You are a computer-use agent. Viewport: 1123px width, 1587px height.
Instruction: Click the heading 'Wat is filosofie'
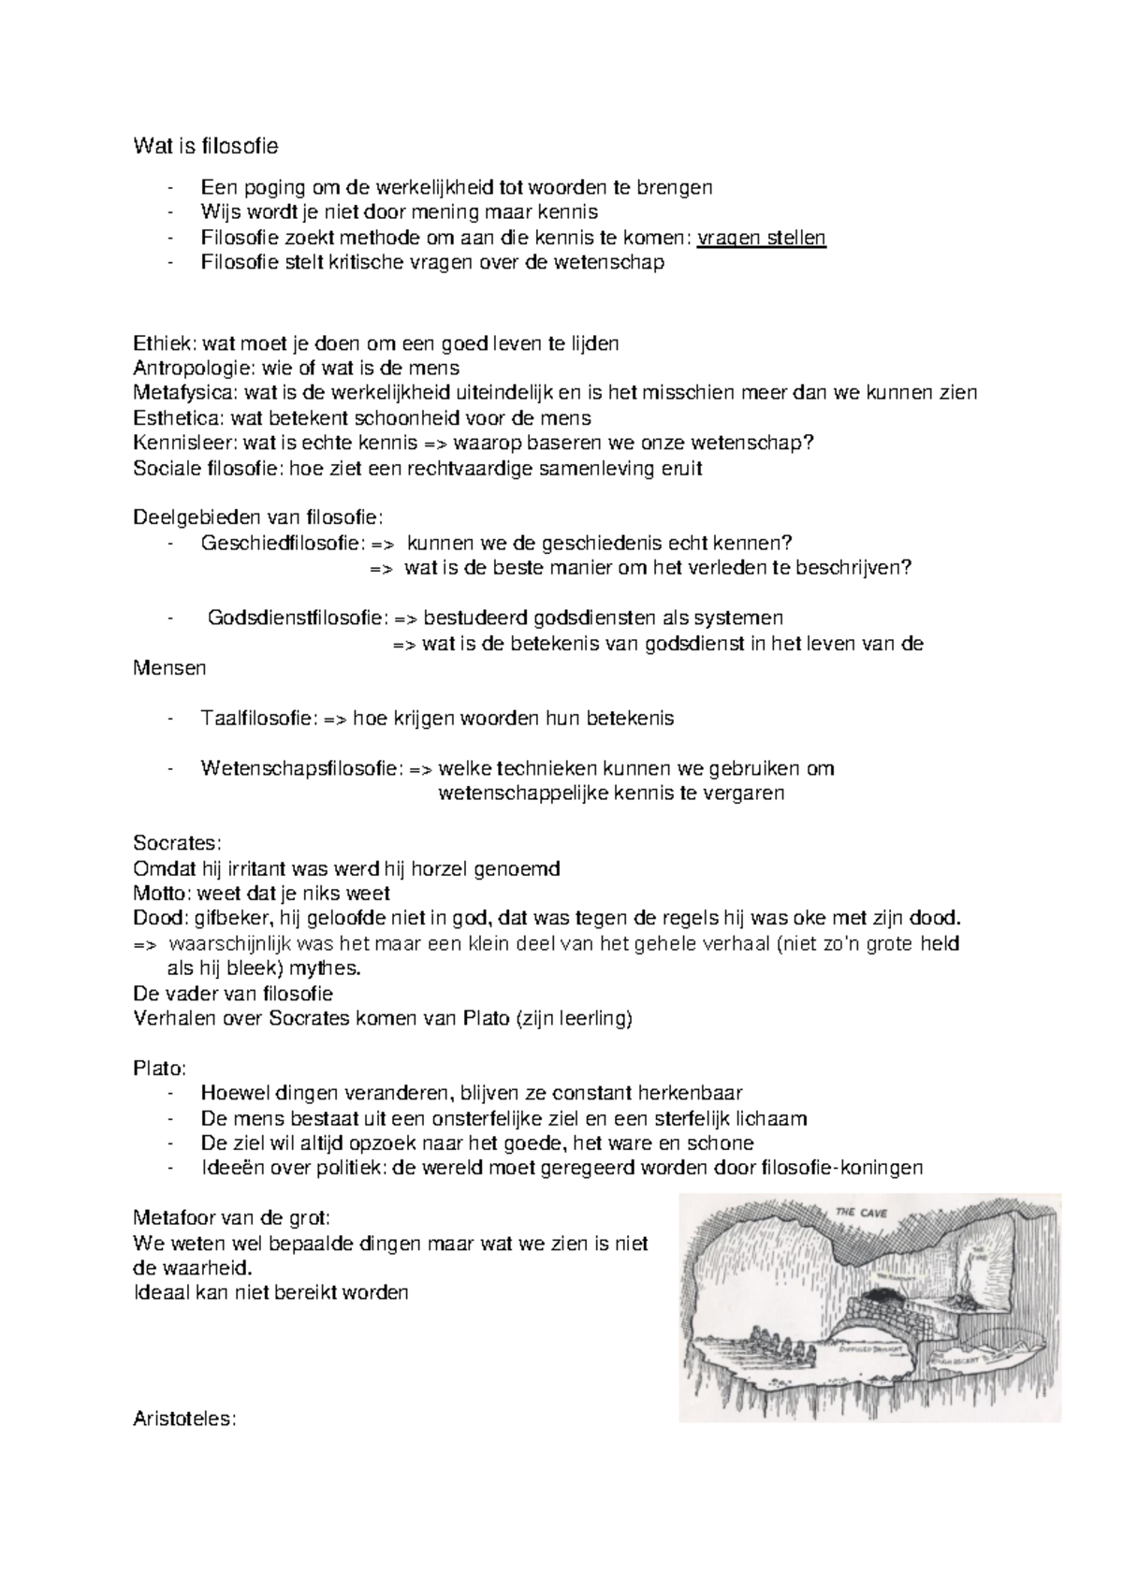coord(206,147)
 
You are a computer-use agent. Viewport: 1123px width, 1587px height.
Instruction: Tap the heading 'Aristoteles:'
coord(185,1419)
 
